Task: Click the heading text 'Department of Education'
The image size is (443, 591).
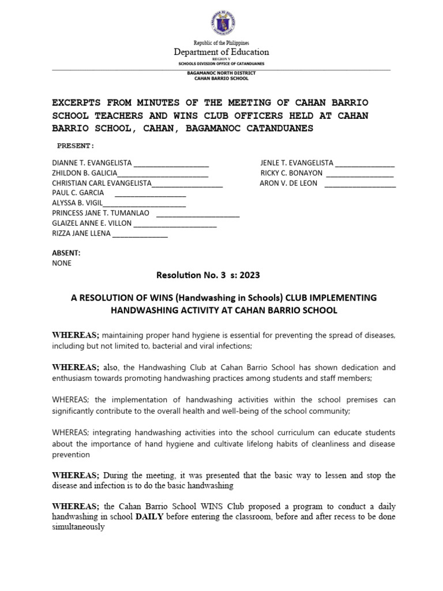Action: tap(221, 53)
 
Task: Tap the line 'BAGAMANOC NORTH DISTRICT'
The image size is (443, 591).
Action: tap(221, 73)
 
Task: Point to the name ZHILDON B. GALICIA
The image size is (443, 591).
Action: tap(85, 173)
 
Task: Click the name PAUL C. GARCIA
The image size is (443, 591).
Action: tap(78, 192)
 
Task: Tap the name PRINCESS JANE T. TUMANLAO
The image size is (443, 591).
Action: tap(101, 212)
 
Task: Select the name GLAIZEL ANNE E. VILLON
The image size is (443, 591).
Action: tap(92, 223)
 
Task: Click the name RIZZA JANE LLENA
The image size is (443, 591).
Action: tap(81, 233)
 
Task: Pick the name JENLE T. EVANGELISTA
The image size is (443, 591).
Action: tap(297, 163)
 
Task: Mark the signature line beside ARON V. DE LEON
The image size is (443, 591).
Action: tap(360, 184)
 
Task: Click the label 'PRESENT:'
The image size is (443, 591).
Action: tap(75, 146)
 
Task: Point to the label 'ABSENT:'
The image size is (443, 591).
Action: tap(66, 253)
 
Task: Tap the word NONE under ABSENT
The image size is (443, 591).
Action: tap(62, 263)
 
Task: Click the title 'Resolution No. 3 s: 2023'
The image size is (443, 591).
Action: tap(212, 276)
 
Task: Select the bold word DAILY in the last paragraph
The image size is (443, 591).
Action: tap(151, 517)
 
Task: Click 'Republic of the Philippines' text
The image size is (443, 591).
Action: tap(221, 43)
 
